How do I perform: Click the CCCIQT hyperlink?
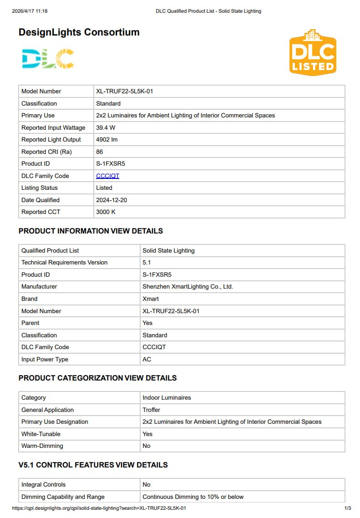pyautogui.click(x=107, y=176)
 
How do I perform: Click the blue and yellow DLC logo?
pyautogui.click(x=48, y=58)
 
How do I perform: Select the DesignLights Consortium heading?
pyautogui.click(x=79, y=32)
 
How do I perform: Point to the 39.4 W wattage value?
pyautogui.click(x=106, y=127)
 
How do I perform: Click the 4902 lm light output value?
pyautogui.click(x=106, y=140)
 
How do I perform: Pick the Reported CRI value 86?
pyautogui.click(x=100, y=152)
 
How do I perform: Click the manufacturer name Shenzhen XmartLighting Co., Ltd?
pyautogui.click(x=188, y=287)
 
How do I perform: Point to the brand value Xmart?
pyautogui.click(x=151, y=299)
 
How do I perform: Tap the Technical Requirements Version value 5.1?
pyautogui.click(x=147, y=263)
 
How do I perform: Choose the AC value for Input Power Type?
pyautogui.click(x=147, y=359)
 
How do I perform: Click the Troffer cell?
pyautogui.click(x=152, y=410)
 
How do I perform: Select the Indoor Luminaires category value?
pyautogui.click(x=167, y=397)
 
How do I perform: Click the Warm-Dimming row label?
pyautogui.click(x=42, y=446)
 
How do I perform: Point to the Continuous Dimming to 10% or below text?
pyautogui.click(x=193, y=497)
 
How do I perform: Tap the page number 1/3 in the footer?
pyautogui.click(x=347, y=508)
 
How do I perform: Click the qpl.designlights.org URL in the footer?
pyautogui.click(x=99, y=508)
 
